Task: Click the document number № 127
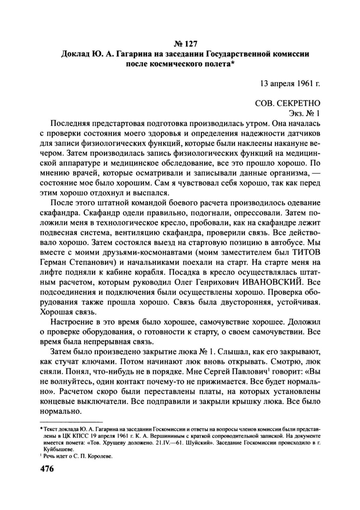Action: coord(185,43)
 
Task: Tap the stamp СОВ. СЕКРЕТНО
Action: coord(288,103)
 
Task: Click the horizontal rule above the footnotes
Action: coord(71,421)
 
